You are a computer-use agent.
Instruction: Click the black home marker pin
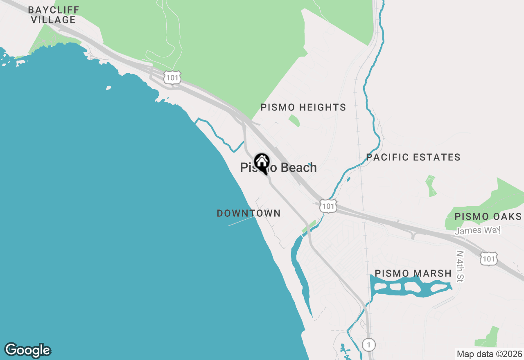(x=262, y=163)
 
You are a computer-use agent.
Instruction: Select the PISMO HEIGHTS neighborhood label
(x=303, y=108)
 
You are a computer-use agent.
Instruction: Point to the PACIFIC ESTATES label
(x=413, y=157)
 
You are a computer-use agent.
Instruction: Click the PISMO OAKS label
(x=488, y=217)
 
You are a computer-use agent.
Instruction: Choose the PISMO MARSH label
(x=413, y=273)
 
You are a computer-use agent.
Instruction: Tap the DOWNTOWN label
(x=248, y=213)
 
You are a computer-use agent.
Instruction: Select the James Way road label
(x=478, y=230)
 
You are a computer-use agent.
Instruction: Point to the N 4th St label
(x=461, y=266)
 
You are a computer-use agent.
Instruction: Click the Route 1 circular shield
(x=368, y=345)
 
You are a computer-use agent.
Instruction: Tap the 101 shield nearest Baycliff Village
(x=172, y=77)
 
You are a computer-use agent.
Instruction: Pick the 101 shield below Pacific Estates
(x=328, y=206)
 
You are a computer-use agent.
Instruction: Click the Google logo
(x=27, y=350)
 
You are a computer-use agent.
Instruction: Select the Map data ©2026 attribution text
(x=489, y=354)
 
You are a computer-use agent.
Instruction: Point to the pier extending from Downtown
(x=242, y=221)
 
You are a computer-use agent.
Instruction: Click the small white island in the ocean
(x=108, y=88)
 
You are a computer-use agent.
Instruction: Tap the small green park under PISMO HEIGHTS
(x=294, y=121)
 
